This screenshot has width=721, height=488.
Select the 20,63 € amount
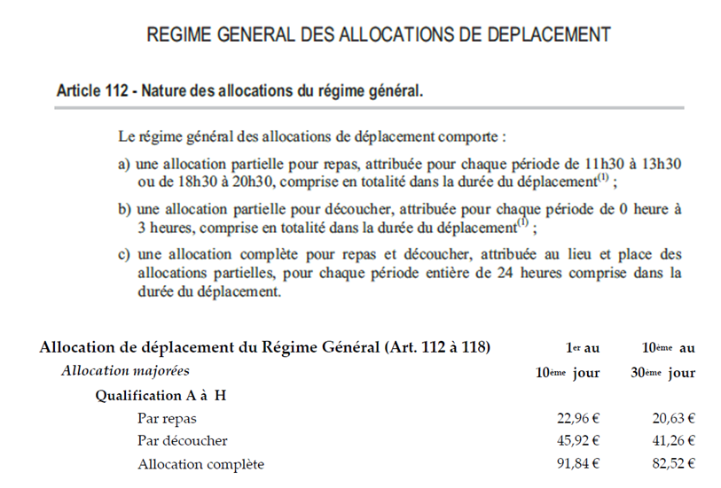(670, 418)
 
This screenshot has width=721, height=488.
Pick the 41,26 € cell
(670, 440)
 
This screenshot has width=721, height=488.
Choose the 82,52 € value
(670, 463)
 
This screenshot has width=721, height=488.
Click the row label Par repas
(167, 418)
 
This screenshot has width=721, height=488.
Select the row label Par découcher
(182, 440)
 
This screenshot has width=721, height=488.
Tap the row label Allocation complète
(200, 463)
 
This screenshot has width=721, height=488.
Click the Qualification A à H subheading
(161, 395)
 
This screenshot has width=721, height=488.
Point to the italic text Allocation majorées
(125, 371)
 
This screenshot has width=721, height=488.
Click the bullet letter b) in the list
(124, 209)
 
